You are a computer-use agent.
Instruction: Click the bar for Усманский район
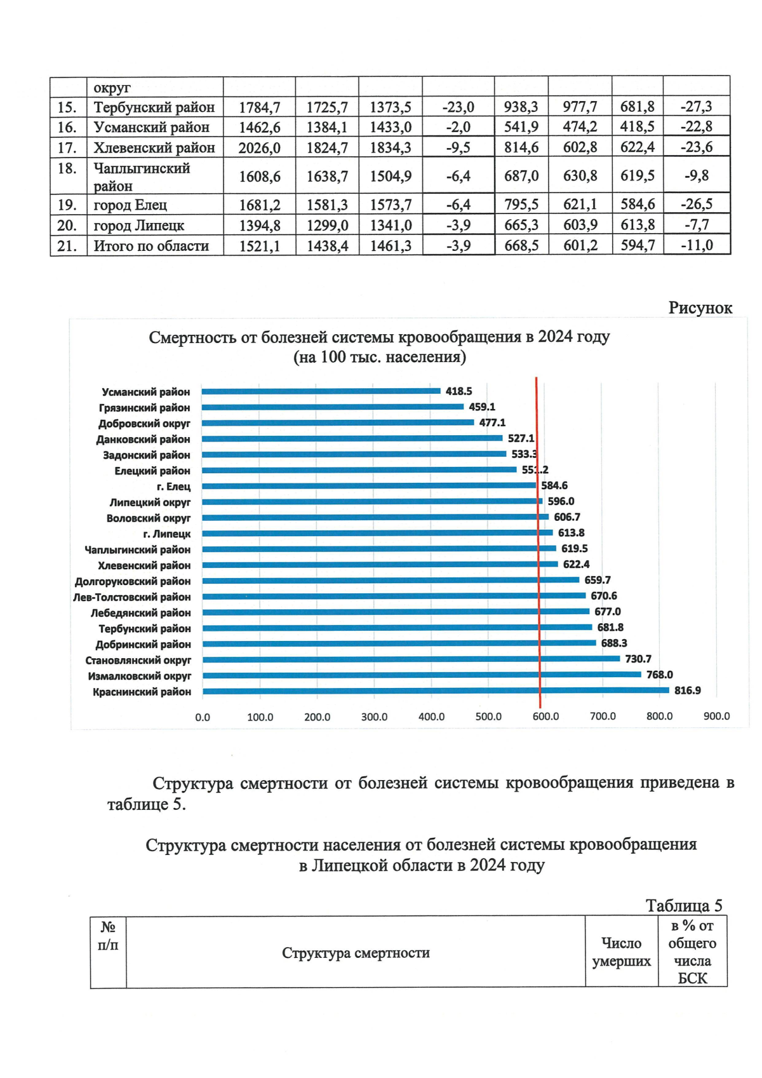321,391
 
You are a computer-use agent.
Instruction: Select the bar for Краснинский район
435,691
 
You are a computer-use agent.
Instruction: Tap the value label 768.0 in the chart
660,675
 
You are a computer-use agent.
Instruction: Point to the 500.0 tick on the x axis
488,717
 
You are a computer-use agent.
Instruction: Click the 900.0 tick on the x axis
717,717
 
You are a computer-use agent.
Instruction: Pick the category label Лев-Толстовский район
132,596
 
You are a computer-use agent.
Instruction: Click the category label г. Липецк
167,534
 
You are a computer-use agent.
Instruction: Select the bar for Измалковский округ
421,675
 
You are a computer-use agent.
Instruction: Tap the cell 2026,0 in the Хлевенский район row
259,148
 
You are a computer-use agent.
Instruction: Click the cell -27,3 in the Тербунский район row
696,107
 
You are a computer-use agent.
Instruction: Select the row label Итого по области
151,246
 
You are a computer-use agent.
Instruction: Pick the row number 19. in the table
67,205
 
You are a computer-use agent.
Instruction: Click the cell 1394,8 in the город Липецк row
259,226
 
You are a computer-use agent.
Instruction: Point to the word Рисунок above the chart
700,308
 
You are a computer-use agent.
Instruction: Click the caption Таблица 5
683,905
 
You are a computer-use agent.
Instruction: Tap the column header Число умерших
621,952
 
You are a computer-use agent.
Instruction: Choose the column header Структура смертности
356,953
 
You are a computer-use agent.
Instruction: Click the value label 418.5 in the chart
458,391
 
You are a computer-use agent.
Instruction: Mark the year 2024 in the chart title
556,337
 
